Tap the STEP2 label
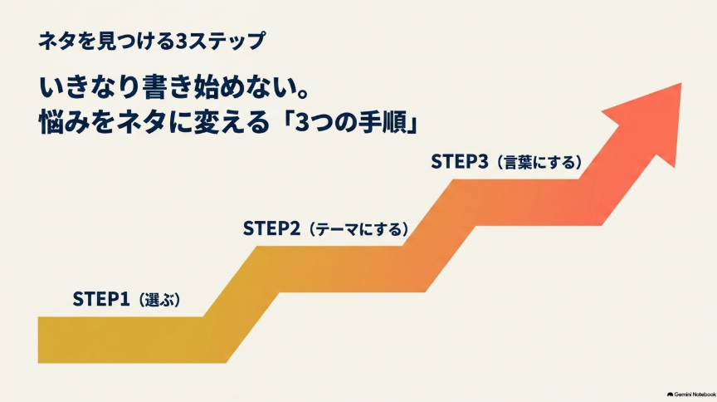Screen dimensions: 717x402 [x=271, y=228]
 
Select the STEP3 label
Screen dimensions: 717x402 [x=460, y=162]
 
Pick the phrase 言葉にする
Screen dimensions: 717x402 [x=539, y=163]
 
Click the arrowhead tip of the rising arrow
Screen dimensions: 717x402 [x=680, y=83]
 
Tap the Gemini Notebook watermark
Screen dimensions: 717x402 [x=691, y=395]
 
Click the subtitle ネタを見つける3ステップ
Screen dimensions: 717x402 [x=151, y=42]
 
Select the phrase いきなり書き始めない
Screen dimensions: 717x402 [x=165, y=87]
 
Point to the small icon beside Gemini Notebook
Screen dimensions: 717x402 [x=670, y=395]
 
